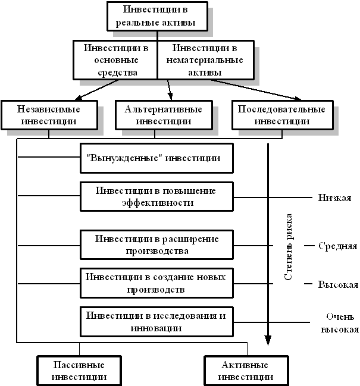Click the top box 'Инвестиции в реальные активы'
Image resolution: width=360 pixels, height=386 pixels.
157,17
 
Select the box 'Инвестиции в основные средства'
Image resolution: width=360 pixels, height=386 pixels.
115,60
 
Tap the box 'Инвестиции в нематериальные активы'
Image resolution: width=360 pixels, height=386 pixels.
206,60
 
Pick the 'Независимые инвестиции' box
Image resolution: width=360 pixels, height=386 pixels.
49,115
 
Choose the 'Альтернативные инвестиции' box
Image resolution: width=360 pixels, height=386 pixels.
164,115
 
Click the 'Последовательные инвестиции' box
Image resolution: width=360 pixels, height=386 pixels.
283,115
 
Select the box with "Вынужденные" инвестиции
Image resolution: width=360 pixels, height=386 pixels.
156,158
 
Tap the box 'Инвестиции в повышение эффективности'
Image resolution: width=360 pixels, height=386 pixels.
156,197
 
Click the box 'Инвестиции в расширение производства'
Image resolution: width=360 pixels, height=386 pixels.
156,245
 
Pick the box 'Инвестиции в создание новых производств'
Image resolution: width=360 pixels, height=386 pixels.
156,283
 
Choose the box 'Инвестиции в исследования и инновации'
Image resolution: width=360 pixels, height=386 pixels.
156,322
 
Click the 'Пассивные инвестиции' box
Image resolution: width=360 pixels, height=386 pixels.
79,371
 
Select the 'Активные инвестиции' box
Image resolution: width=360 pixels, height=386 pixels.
246,371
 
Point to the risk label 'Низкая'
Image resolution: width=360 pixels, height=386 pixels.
334,197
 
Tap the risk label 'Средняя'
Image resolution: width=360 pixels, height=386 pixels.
337,246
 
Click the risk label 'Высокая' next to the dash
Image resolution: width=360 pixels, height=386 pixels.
338,284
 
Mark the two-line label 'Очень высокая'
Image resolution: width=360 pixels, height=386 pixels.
340,323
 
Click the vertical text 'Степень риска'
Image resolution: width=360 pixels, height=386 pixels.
288,247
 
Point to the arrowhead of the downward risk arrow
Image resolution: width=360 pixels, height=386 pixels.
268,340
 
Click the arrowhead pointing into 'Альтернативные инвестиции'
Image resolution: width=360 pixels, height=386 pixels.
170,96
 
